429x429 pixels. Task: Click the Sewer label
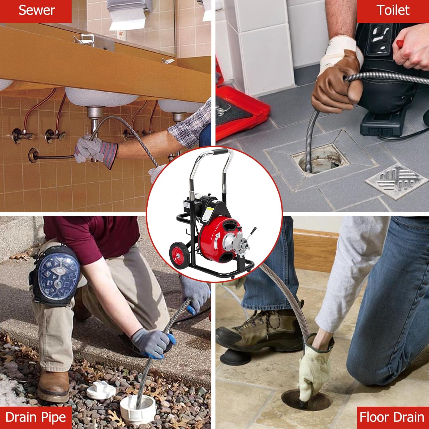(36, 11)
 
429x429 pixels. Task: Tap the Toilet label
(393, 11)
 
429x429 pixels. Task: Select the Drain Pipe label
(36, 417)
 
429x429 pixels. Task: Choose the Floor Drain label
(392, 417)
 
